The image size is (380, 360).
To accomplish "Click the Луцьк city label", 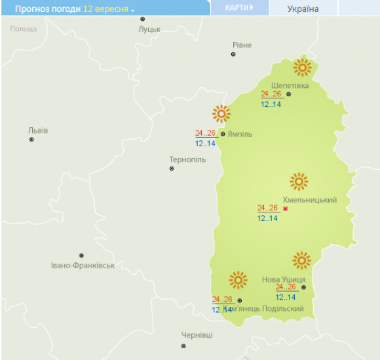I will point(149,30).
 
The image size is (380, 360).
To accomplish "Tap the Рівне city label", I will point(242,45).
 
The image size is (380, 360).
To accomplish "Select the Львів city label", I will point(38,130).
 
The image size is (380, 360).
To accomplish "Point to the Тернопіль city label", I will point(187,159).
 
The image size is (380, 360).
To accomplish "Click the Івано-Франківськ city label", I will point(83,266).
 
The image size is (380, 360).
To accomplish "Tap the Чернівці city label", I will point(197,335).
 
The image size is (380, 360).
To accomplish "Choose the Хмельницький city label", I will point(309,200).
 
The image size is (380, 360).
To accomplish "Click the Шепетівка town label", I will point(290,85).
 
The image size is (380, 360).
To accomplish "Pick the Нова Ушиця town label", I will point(284,279).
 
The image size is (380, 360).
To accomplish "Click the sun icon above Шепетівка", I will point(302,67).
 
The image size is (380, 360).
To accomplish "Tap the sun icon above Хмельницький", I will point(299,182).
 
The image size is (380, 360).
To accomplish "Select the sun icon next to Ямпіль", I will point(221,114).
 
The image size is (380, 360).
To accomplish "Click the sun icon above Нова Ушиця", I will point(301,260).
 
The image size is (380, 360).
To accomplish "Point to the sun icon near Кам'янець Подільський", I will point(238,281).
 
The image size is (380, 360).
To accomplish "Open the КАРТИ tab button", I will point(239,8).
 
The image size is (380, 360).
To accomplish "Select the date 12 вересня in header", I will point(105,10).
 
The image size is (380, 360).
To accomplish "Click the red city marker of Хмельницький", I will point(286,209).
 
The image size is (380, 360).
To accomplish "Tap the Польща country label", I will point(24,29).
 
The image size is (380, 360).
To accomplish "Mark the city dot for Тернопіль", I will point(172,169).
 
